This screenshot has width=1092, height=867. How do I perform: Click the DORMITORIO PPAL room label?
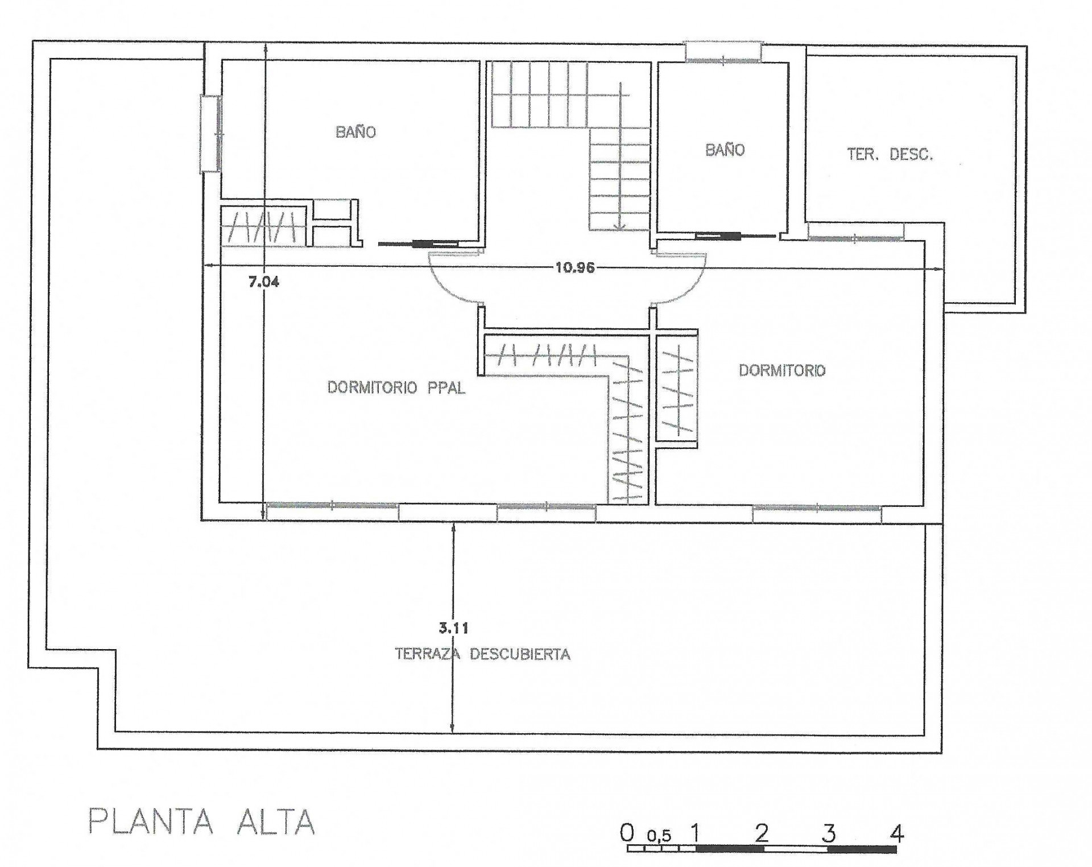click(396, 388)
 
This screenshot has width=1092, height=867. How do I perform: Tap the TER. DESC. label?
click(890, 154)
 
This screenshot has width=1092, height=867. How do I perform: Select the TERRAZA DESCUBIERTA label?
click(483, 654)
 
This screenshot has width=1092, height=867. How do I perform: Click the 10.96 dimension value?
click(575, 267)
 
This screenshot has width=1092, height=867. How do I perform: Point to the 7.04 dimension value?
click(264, 282)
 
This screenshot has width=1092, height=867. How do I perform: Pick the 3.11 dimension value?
click(453, 629)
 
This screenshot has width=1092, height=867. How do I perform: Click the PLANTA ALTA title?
click(202, 821)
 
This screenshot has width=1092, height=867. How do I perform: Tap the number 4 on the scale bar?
click(896, 834)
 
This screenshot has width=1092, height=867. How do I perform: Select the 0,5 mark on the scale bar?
click(659, 836)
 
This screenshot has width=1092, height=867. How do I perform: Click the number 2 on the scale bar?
click(762, 834)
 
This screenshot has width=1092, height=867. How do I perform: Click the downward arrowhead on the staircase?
click(620, 226)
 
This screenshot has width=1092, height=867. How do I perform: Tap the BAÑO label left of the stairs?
click(355, 132)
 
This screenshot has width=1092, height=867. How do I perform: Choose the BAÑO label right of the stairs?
click(725, 150)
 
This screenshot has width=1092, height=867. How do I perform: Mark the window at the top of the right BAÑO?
click(723, 52)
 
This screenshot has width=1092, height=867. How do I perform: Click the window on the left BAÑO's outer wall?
click(210, 134)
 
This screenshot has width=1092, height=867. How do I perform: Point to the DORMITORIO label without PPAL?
click(782, 370)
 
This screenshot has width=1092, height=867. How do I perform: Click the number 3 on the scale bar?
click(829, 834)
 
